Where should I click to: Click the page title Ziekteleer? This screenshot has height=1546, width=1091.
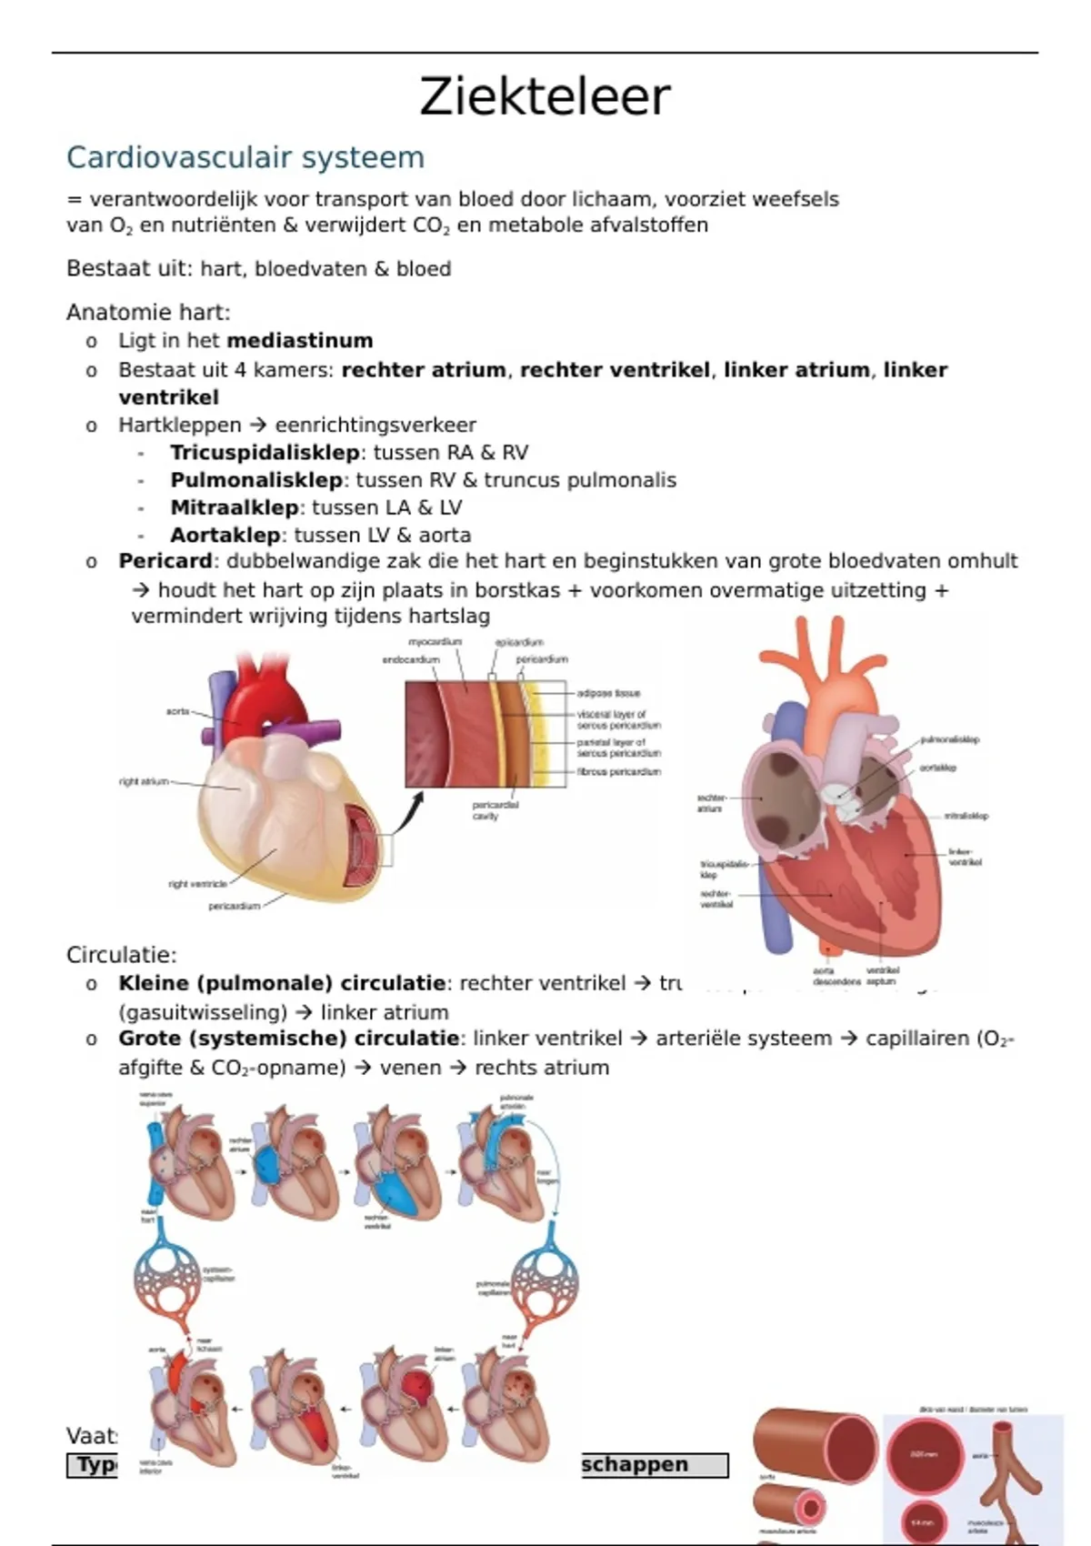tap(545, 97)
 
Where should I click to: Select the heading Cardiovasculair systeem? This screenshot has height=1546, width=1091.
tap(245, 157)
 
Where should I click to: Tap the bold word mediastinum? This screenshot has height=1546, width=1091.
tap(300, 341)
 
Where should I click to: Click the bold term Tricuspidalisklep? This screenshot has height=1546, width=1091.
tap(265, 453)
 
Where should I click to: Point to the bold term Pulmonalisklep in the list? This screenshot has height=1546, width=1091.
tap(256, 480)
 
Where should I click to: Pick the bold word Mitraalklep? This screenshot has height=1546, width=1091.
tap(235, 507)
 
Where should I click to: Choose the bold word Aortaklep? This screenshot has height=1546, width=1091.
tap(225, 535)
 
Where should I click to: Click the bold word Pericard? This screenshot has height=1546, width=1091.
tap(165, 561)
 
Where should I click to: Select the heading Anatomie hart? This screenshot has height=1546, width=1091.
tap(148, 313)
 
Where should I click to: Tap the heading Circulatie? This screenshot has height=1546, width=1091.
tap(122, 955)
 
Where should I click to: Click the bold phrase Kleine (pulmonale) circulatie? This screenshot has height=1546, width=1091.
tap(282, 983)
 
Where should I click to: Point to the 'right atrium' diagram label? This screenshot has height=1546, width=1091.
tap(144, 781)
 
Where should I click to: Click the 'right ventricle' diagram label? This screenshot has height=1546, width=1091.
tap(197, 883)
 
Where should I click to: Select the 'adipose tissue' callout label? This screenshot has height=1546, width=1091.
tap(608, 693)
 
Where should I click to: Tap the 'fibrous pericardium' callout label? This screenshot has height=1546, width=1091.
tap(618, 771)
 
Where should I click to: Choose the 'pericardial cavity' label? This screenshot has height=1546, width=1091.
tap(495, 810)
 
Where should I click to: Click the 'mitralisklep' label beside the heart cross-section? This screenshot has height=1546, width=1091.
tap(966, 816)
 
